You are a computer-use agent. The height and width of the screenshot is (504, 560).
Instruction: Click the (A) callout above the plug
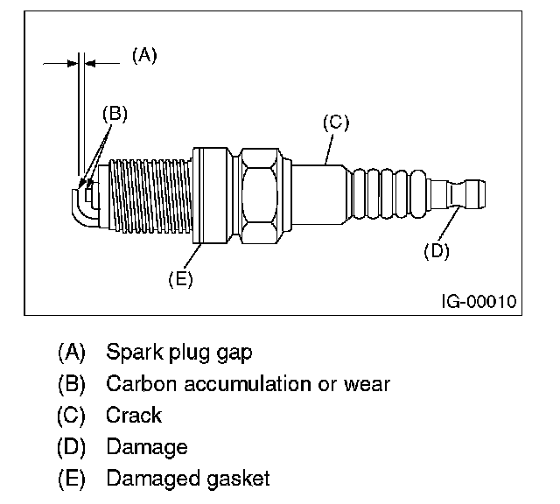[x=144, y=56]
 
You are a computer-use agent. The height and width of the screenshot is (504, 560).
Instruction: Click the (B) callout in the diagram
[x=115, y=114]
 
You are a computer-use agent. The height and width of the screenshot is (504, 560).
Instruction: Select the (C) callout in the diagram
[x=336, y=122]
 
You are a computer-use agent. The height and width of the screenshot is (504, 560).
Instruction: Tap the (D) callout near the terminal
[x=437, y=251]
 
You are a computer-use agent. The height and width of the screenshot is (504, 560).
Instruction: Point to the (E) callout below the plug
[x=181, y=278]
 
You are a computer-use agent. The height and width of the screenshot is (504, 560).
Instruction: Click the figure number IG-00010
[x=479, y=302]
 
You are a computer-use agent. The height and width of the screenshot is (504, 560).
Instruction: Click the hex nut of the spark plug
[x=260, y=196]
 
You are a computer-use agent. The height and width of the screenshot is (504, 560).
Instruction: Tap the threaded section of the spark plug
[x=150, y=196]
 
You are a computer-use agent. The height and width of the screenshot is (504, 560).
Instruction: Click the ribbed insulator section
[x=389, y=194]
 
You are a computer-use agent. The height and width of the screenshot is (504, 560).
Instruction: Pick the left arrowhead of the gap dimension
[x=73, y=64]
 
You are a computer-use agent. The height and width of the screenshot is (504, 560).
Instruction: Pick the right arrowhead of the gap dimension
[x=90, y=64]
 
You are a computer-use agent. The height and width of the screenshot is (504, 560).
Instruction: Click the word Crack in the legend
[x=134, y=415]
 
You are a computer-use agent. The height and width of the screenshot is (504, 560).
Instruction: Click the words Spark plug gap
[x=179, y=353]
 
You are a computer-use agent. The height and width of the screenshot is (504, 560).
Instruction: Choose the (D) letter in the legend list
[x=72, y=447]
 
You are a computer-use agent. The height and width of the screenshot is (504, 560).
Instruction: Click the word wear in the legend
[x=367, y=384]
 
